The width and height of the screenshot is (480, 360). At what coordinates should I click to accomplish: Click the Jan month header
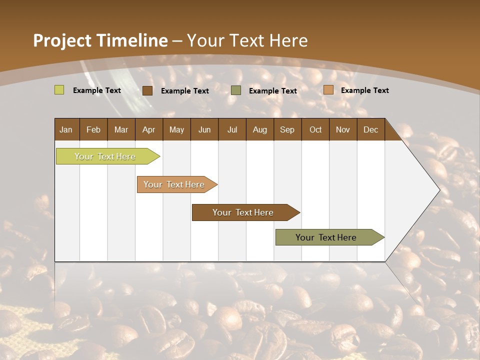click(66, 129)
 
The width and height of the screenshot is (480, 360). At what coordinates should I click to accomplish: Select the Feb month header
click(93, 129)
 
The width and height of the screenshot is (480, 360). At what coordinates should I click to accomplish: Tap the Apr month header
click(148, 129)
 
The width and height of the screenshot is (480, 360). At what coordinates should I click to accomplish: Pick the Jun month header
click(204, 129)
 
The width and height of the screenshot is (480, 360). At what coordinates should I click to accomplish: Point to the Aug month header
click(259, 129)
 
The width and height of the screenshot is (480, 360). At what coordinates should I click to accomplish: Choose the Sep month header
click(287, 129)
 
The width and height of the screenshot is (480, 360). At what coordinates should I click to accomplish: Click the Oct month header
click(315, 129)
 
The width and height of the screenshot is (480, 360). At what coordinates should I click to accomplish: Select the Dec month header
click(370, 129)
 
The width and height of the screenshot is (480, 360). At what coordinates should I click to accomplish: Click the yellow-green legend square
click(59, 90)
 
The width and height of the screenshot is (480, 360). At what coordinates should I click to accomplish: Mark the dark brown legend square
click(147, 90)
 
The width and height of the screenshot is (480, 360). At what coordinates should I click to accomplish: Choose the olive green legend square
click(236, 90)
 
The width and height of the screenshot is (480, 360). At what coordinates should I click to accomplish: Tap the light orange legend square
click(328, 90)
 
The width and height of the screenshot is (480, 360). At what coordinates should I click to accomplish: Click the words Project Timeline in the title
click(100, 40)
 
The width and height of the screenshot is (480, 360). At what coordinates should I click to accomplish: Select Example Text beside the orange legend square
click(364, 90)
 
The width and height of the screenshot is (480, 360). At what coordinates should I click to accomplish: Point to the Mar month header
click(121, 129)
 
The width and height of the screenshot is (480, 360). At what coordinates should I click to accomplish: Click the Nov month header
click(343, 129)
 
